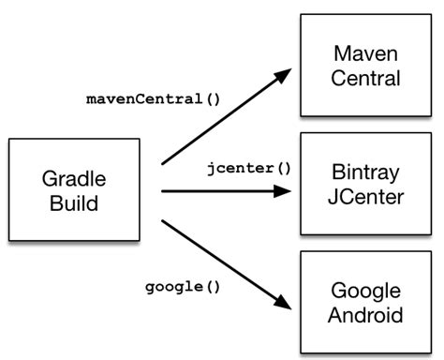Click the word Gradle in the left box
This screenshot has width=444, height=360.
coord(73,177)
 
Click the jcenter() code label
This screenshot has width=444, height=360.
coord(249,170)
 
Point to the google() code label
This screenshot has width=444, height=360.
coord(183,286)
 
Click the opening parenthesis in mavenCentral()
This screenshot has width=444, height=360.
coord(215,98)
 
